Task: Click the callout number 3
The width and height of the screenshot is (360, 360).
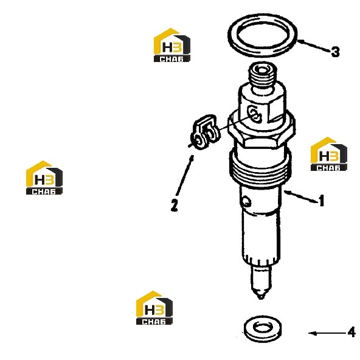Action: pyautogui.click(x=335, y=52)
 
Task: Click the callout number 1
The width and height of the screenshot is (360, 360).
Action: pyautogui.click(x=322, y=201)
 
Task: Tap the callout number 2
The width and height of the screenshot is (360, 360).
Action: pyautogui.click(x=175, y=205)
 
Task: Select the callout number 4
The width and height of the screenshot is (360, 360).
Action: pyautogui.click(x=351, y=332)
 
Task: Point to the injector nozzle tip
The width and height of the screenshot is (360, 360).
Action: pyautogui.click(x=261, y=297)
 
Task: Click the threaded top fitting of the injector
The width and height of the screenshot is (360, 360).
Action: pyautogui.click(x=263, y=76)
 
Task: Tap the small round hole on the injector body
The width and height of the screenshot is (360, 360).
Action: pyautogui.click(x=247, y=201)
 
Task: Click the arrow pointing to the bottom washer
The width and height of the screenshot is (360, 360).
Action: pyautogui.click(x=327, y=333)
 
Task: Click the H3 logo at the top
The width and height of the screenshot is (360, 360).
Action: pyautogui.click(x=172, y=45)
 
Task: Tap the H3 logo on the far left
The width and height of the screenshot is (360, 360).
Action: pyautogui.click(x=44, y=178)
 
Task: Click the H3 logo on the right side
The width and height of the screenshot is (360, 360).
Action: pyautogui.click(x=329, y=154)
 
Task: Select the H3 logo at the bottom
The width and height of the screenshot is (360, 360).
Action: pyautogui.click(x=154, y=308)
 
